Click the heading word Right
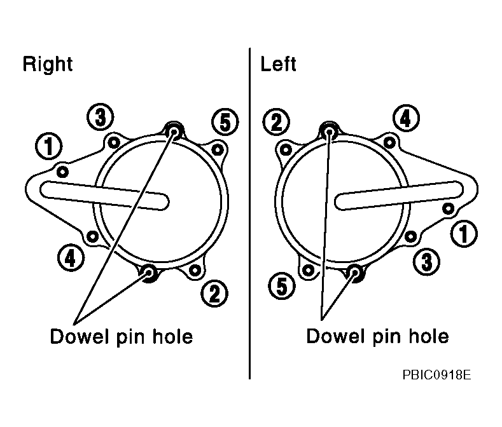[x=47, y=65]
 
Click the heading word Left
[x=278, y=64]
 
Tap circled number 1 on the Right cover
[x=48, y=146]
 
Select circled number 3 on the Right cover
[x=101, y=117]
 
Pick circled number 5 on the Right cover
[x=225, y=122]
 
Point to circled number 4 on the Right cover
[x=71, y=258]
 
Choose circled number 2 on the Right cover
[x=214, y=294]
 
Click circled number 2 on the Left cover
[x=276, y=122]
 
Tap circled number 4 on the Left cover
[x=406, y=118]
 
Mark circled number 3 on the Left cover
[x=426, y=261]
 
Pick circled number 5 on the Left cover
[x=282, y=286]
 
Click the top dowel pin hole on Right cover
[x=174, y=131]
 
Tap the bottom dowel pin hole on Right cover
[x=149, y=272]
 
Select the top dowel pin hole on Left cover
[x=329, y=131]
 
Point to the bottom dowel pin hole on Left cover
[x=355, y=272]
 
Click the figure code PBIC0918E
[x=436, y=374]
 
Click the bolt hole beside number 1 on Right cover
[x=62, y=172]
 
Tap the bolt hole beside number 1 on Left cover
[x=448, y=209]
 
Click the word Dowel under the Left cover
[x=335, y=336]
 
